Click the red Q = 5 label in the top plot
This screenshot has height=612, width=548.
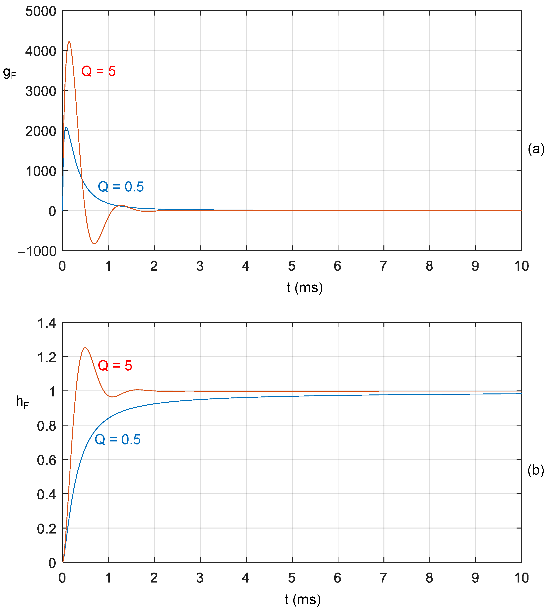(x=98, y=71)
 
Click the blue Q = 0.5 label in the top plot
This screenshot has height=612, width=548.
(x=121, y=187)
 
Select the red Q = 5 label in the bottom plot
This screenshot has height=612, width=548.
(x=115, y=366)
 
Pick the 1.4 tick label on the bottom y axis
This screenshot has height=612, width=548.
(x=47, y=323)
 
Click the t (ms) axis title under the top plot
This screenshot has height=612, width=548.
(x=305, y=288)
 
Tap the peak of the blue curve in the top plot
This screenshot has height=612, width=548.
(x=66, y=127)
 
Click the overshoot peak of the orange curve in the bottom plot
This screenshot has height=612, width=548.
(x=86, y=348)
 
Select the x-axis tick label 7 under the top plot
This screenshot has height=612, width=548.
(x=383, y=266)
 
